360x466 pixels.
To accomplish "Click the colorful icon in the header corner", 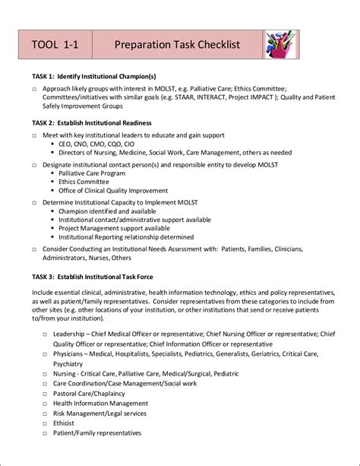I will [279, 46].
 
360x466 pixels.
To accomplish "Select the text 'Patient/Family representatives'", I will [97, 433].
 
